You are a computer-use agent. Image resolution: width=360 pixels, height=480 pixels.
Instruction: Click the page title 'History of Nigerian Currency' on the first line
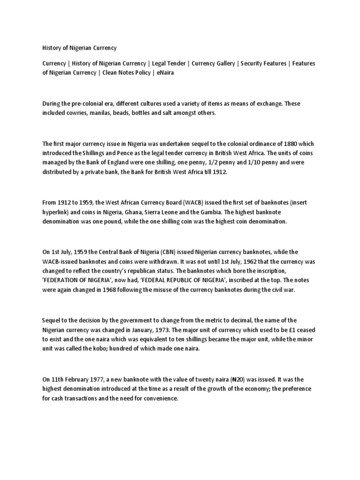coord(79,48)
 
